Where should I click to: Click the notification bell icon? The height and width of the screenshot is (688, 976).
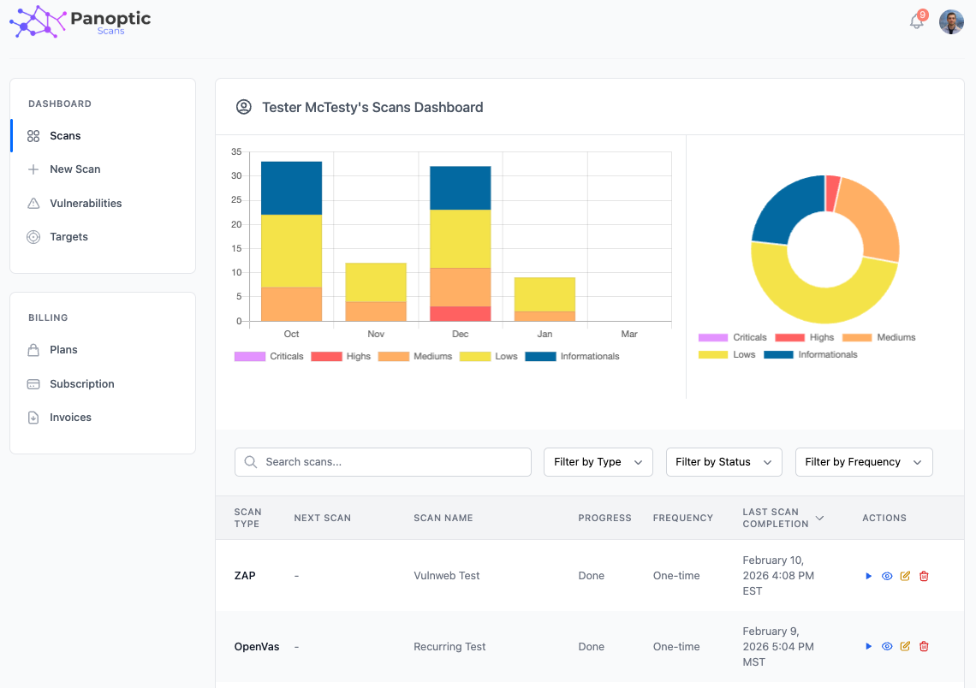(x=916, y=22)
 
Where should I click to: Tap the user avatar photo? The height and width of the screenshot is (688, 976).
(x=951, y=22)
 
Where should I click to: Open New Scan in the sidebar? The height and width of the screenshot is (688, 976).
(x=74, y=169)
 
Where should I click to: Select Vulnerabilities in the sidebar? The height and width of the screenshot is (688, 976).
(x=86, y=204)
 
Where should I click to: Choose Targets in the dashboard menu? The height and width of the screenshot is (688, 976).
(x=68, y=237)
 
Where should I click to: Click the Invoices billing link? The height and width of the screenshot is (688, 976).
(x=70, y=418)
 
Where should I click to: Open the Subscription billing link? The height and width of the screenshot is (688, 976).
(x=81, y=384)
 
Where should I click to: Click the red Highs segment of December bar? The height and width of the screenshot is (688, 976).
(x=460, y=314)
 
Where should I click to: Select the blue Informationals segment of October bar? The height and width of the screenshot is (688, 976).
(x=291, y=187)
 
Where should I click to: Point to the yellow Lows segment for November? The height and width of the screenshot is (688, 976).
(x=375, y=282)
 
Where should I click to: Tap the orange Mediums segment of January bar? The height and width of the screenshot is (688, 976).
(x=545, y=317)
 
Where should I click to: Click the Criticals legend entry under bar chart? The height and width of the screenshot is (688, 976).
(x=269, y=356)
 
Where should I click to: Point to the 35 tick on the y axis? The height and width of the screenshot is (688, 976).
(x=236, y=152)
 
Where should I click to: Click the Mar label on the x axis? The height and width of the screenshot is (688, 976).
(x=628, y=334)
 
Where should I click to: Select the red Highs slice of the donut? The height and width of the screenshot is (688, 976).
(x=832, y=193)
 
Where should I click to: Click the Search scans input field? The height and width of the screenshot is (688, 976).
(x=383, y=462)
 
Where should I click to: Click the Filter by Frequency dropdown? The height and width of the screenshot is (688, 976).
(x=863, y=462)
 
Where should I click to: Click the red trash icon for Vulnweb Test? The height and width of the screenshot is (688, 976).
(x=924, y=576)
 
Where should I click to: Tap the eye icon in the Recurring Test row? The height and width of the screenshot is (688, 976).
(x=887, y=647)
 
